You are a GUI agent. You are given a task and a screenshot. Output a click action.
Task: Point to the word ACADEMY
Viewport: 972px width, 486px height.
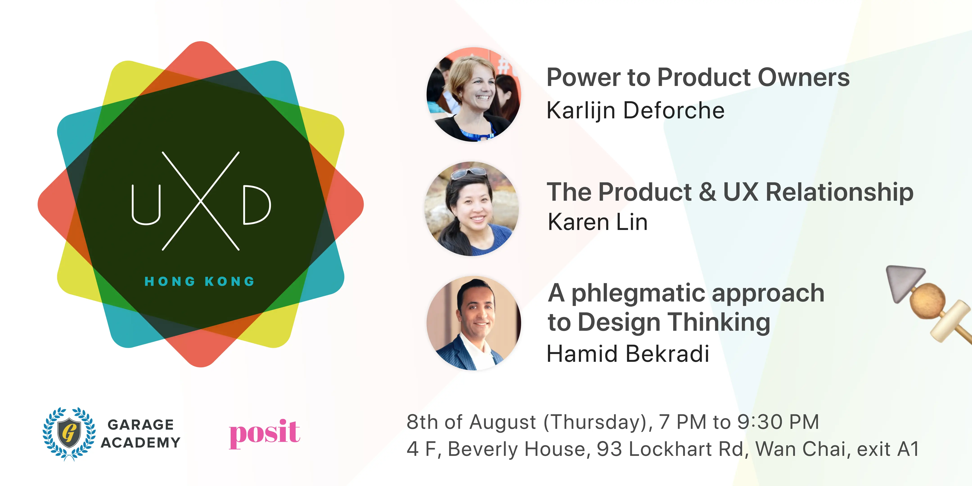141,442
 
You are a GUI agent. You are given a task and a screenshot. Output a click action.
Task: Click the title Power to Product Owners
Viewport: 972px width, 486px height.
698,77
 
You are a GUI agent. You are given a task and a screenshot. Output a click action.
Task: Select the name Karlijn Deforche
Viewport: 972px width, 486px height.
635,110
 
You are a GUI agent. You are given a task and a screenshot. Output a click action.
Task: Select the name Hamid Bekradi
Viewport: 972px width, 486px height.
628,354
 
